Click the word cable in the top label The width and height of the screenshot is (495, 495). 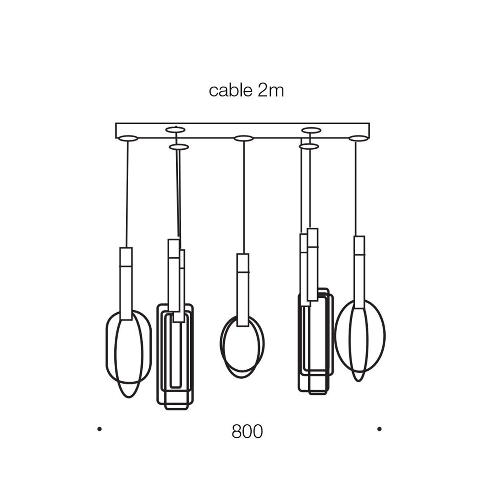coord(231,91)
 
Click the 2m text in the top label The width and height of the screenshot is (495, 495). coord(271,91)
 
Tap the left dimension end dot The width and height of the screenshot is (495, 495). coord(99,429)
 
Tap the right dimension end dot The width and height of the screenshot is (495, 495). coord(379,429)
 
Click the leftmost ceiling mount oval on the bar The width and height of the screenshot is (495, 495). coord(128,139)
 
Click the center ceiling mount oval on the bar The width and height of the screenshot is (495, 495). coord(244,139)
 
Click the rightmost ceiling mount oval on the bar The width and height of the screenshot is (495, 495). coord(358,138)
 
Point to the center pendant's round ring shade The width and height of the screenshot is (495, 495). coord(242,346)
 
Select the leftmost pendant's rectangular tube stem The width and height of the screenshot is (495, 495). coord(126,283)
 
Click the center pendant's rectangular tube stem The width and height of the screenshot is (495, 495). coord(243,290)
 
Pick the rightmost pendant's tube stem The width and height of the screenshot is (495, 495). coord(359,272)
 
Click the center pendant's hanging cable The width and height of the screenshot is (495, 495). coord(244,198)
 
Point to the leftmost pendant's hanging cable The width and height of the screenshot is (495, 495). coord(127,194)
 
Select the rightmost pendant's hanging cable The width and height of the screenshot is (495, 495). coord(356,189)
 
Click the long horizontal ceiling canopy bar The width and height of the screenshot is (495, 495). coord(243,131)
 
